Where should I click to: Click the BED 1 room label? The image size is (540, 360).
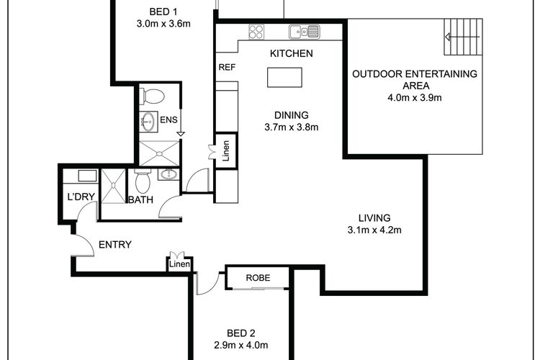click(163, 12)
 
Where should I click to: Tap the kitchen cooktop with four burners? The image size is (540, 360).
click(256, 32)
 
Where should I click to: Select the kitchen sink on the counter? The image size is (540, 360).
click(304, 32)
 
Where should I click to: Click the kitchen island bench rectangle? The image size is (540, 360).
click(284, 77)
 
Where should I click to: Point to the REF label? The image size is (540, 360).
click(227, 67)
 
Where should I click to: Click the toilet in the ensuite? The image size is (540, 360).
click(151, 96)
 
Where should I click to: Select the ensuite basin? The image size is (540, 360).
click(148, 121)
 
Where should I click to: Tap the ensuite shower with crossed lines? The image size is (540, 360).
click(159, 153)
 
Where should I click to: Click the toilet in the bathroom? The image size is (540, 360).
click(143, 181)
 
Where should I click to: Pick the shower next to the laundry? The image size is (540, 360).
click(112, 186)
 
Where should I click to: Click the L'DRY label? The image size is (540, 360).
click(81, 197)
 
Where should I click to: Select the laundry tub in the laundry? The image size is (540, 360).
click(87, 176)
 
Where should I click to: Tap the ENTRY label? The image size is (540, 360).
click(115, 245)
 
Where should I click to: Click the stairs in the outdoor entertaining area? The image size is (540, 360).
click(463, 37)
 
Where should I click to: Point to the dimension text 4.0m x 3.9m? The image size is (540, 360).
click(415, 98)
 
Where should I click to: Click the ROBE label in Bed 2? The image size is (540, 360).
click(258, 278)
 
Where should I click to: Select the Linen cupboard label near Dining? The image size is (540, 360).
click(226, 150)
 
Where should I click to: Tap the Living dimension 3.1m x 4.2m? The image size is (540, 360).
click(374, 230)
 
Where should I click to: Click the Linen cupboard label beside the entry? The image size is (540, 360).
click(179, 264)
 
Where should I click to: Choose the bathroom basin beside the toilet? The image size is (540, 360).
click(168, 174)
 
